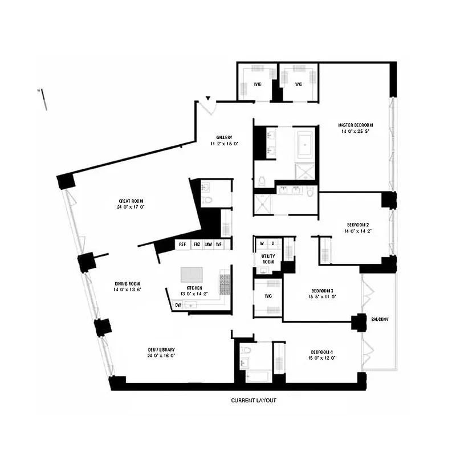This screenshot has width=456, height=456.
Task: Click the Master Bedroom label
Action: pyautogui.click(x=355, y=125)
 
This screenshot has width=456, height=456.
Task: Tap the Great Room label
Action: pyautogui.click(x=131, y=201)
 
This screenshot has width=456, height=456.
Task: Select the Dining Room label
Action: pyautogui.click(x=127, y=283)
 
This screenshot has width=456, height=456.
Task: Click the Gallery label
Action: pyautogui.click(x=223, y=137)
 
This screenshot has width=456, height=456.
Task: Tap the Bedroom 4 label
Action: pyautogui.click(x=324, y=352)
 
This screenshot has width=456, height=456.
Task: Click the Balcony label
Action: pyautogui.click(x=380, y=319)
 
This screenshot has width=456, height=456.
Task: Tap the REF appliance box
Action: pyautogui.click(x=182, y=245)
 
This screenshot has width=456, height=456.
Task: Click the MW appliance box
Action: pyautogui.click(x=209, y=245)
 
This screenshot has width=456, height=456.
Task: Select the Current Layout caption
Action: pyautogui.click(x=253, y=401)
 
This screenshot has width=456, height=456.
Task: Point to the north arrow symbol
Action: pyautogui.click(x=42, y=97)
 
